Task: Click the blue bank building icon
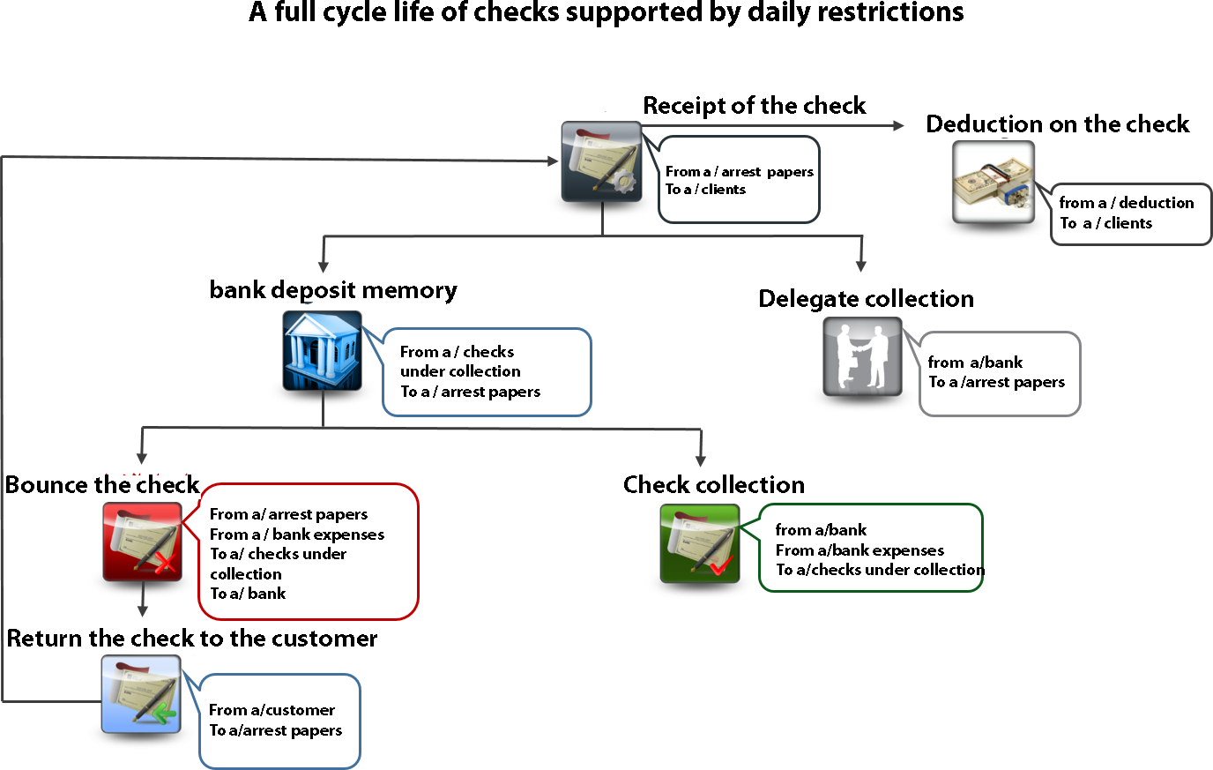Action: pyautogui.click(x=322, y=350)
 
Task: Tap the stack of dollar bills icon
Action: pyautogui.click(x=993, y=182)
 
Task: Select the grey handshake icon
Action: pyautogui.click(x=862, y=356)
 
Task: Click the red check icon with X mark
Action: pyautogui.click(x=143, y=542)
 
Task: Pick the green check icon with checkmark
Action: pyautogui.click(x=700, y=543)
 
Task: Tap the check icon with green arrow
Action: pyautogui.click(x=141, y=694)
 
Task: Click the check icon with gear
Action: pyautogui.click(x=602, y=161)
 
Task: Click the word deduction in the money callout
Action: pyautogui.click(x=1156, y=203)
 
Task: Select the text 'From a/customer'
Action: pyautogui.click(x=272, y=710)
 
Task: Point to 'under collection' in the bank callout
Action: pyautogui.click(x=460, y=371)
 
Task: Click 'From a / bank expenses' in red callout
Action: pyautogui.click(x=297, y=535)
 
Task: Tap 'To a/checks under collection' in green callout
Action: pyautogui.click(x=879, y=570)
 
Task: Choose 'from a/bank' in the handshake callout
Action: pyautogui.click(x=975, y=363)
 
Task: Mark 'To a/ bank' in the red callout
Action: pyautogui.click(x=248, y=594)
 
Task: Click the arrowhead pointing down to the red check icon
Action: pyautogui.click(x=142, y=458)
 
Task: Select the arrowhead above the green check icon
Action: pyautogui.click(x=701, y=460)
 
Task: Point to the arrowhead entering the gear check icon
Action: pyautogui.click(x=552, y=161)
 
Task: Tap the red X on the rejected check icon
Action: pyautogui.click(x=164, y=564)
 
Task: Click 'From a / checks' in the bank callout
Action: pyautogui.click(x=457, y=352)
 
